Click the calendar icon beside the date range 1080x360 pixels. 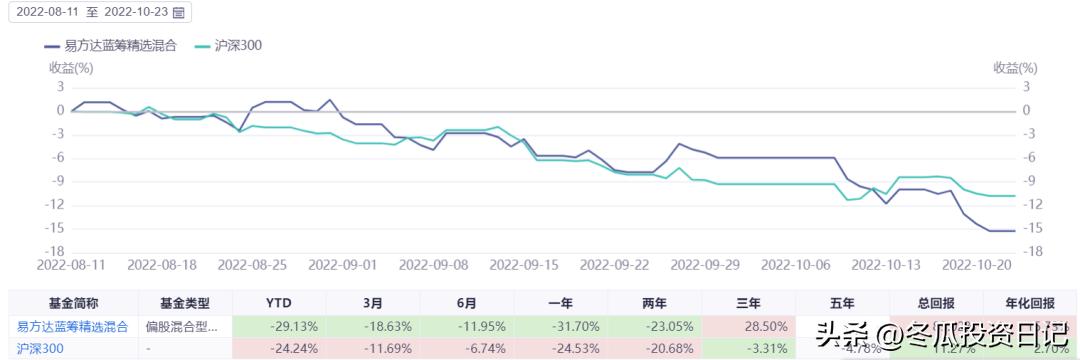(179, 13)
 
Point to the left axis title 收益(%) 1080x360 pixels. (71, 68)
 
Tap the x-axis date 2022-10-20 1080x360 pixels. (978, 265)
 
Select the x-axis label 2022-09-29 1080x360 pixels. (706, 265)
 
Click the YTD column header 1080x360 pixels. (279, 303)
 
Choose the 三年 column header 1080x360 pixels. (749, 303)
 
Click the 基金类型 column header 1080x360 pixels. (185, 303)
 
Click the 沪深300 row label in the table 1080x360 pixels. (37, 348)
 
